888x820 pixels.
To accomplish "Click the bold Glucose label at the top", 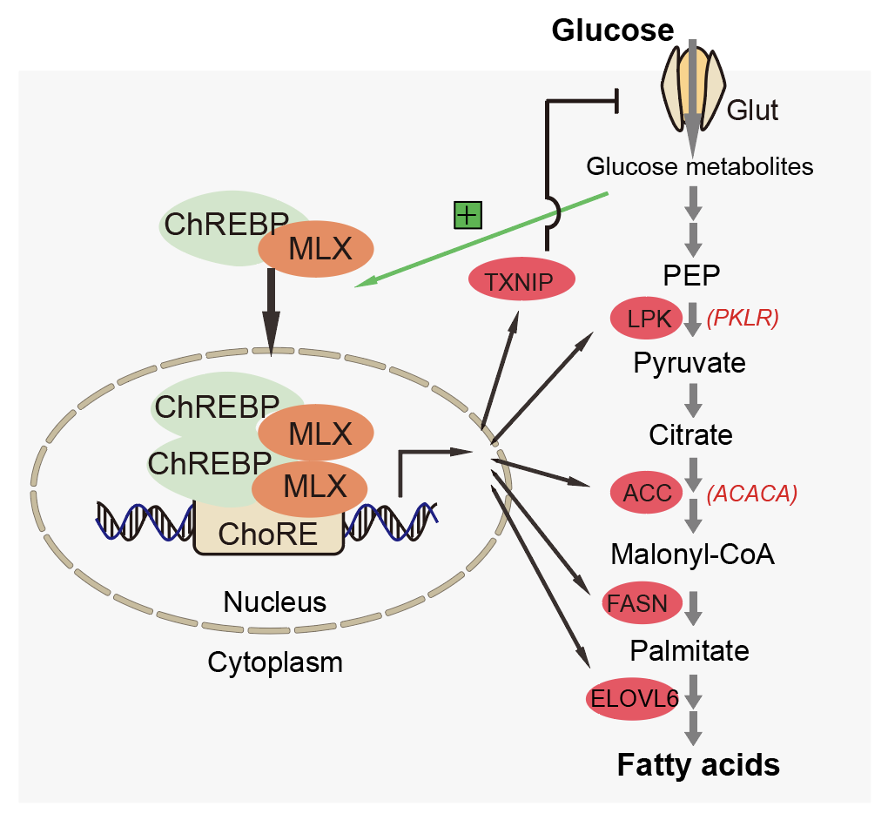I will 613,30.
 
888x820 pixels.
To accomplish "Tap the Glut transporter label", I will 752,111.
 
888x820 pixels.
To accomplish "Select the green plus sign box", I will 468,214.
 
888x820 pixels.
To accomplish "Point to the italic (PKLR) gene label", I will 742,319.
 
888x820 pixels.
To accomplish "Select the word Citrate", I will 690,434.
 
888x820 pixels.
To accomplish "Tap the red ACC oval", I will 647,494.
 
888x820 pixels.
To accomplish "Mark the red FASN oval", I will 638,602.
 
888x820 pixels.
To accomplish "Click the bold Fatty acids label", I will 698,765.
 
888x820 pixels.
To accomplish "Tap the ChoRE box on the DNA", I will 268,533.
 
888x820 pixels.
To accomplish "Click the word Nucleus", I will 274,602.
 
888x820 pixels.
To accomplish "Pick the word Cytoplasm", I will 275,662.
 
